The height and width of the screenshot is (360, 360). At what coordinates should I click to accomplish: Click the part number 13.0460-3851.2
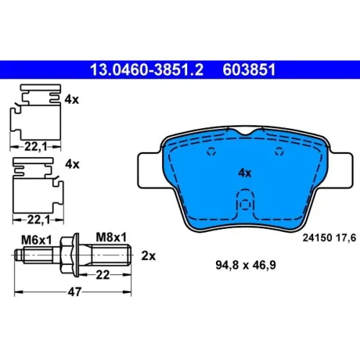(147, 70)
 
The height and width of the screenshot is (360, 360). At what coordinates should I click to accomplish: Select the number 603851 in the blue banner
(249, 70)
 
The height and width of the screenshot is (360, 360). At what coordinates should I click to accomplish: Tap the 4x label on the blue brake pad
(245, 173)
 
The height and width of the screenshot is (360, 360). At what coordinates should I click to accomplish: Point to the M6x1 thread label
(37, 240)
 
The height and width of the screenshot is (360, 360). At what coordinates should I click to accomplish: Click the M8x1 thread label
(111, 238)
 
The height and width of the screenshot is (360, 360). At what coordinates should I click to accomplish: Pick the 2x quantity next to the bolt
(148, 256)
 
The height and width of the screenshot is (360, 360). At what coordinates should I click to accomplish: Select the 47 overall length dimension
(75, 292)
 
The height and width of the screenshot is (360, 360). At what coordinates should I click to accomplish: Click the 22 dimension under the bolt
(103, 275)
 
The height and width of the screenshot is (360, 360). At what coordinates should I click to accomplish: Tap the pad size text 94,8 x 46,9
(246, 265)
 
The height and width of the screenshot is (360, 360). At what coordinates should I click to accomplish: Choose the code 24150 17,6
(329, 238)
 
